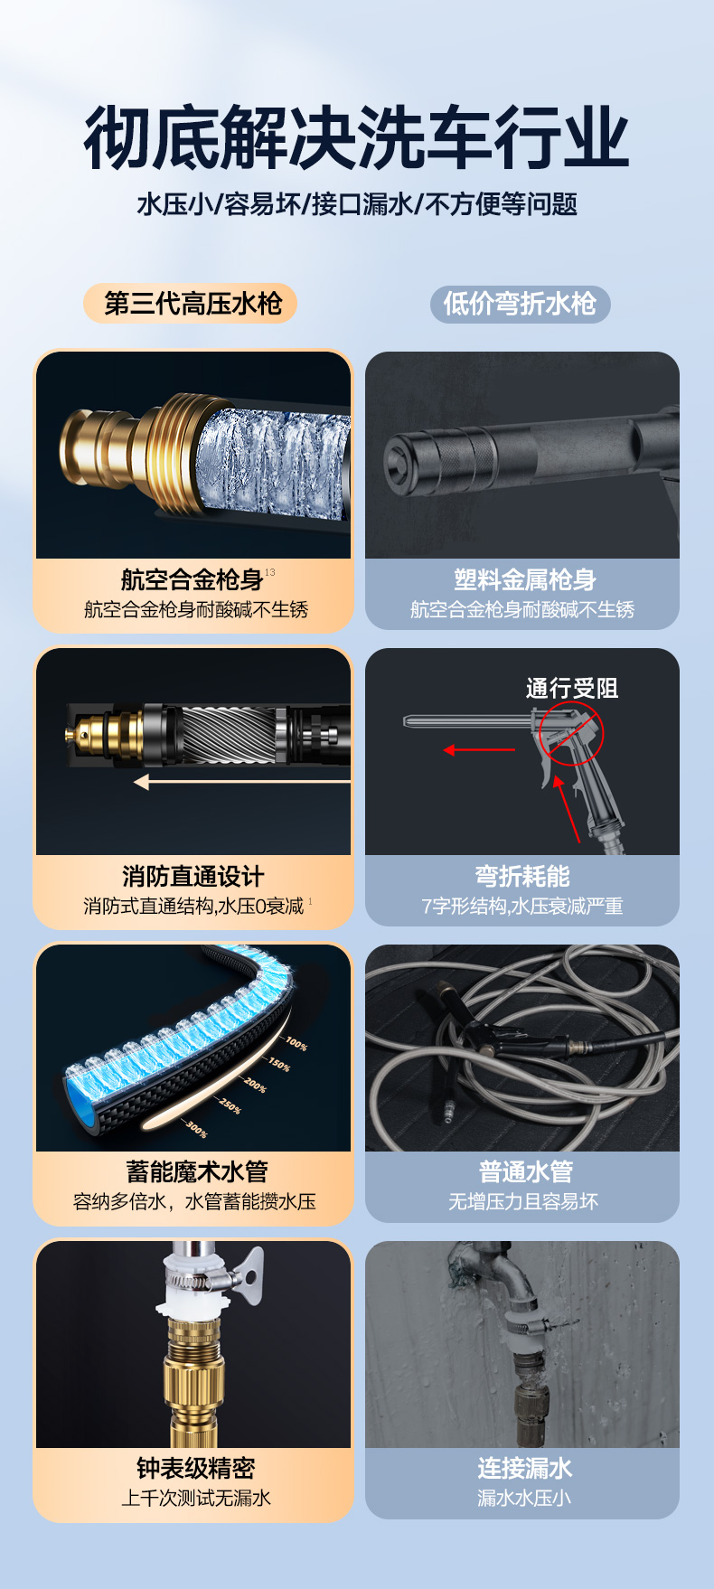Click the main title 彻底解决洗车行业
(357, 137)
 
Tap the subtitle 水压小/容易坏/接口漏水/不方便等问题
(357, 204)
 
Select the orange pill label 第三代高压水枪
(191, 304)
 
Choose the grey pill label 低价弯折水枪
(520, 304)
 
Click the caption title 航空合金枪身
(192, 579)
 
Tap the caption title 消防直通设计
(193, 876)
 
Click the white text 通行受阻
(572, 689)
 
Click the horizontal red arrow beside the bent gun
(479, 749)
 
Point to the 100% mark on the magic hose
(296, 1045)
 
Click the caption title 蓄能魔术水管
(197, 1171)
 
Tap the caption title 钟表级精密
(195, 1468)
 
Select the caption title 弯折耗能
(522, 876)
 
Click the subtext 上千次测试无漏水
(196, 1498)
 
